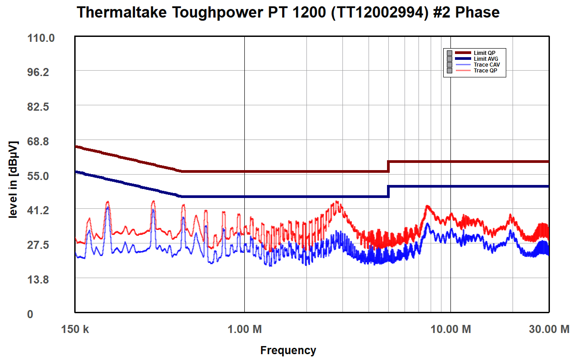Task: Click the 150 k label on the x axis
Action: [75, 329]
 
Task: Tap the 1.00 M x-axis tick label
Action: [244, 329]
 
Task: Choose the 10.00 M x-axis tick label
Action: [450, 329]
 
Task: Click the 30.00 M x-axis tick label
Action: [549, 329]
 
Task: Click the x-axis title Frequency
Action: [288, 350]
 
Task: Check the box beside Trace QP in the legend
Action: [449, 71]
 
